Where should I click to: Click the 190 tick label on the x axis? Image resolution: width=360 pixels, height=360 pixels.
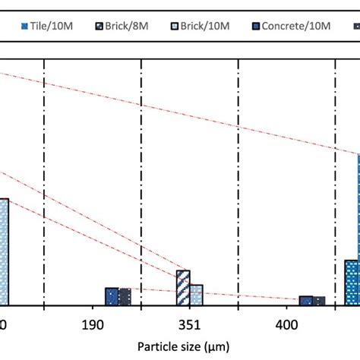coord(92,325)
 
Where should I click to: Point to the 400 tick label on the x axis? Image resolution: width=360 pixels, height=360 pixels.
coord(286,325)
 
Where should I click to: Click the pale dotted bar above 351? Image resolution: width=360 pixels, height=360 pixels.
coord(196,295)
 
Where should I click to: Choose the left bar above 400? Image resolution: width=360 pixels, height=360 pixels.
coord(306,301)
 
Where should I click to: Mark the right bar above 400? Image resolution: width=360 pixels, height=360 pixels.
coord(319,302)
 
